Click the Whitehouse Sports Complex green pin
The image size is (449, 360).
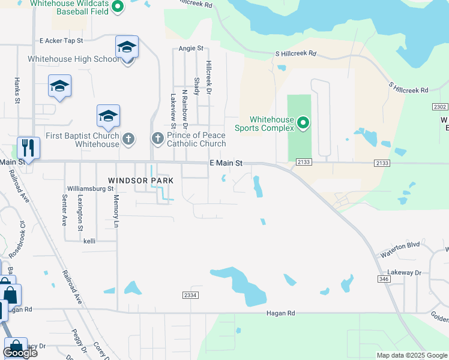[x=303, y=124]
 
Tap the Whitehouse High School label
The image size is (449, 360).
[x=73, y=59]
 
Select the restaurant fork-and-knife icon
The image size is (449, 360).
[x=28, y=147]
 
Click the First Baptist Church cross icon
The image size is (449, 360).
[x=128, y=139]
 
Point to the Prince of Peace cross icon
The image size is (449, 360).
[x=157, y=139]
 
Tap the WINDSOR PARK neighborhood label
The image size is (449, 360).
[x=140, y=180]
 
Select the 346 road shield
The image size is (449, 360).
[x=385, y=278]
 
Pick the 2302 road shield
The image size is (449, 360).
[x=440, y=107]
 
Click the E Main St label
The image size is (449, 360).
[x=226, y=163]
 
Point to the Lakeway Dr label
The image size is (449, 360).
[x=405, y=272]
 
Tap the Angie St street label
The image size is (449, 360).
[x=191, y=48]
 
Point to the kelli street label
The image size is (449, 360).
[x=89, y=241]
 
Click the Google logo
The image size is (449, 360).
[x=20, y=353]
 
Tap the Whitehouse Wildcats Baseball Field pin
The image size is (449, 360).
[x=118, y=7]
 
